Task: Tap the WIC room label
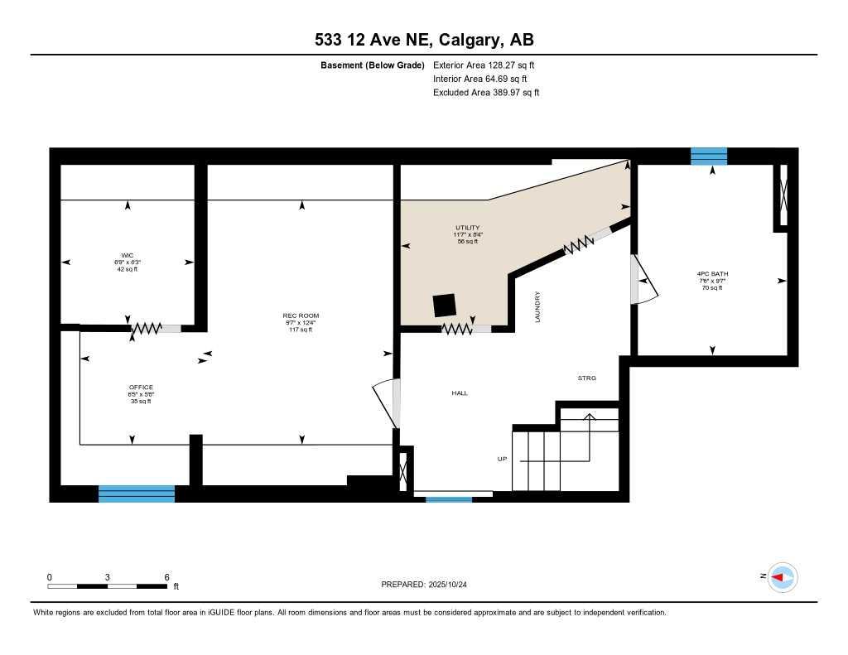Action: pyautogui.click(x=127, y=254)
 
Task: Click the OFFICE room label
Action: pyautogui.click(x=141, y=388)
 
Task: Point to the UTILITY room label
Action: pyautogui.click(x=467, y=228)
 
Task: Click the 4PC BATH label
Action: pyautogui.click(x=712, y=273)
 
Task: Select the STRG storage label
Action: pyautogui.click(x=586, y=378)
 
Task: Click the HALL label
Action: pyautogui.click(x=460, y=393)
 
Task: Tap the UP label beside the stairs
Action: pyautogui.click(x=501, y=459)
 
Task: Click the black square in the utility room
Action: pyautogui.click(x=445, y=305)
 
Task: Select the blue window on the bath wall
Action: pyautogui.click(x=709, y=156)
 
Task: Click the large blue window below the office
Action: pyautogui.click(x=137, y=494)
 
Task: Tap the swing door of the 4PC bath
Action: pyautogui.click(x=643, y=280)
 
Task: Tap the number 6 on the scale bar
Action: pyautogui.click(x=166, y=577)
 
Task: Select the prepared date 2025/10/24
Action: pyautogui.click(x=429, y=585)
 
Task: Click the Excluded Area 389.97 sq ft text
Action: pyautogui.click(x=486, y=93)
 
